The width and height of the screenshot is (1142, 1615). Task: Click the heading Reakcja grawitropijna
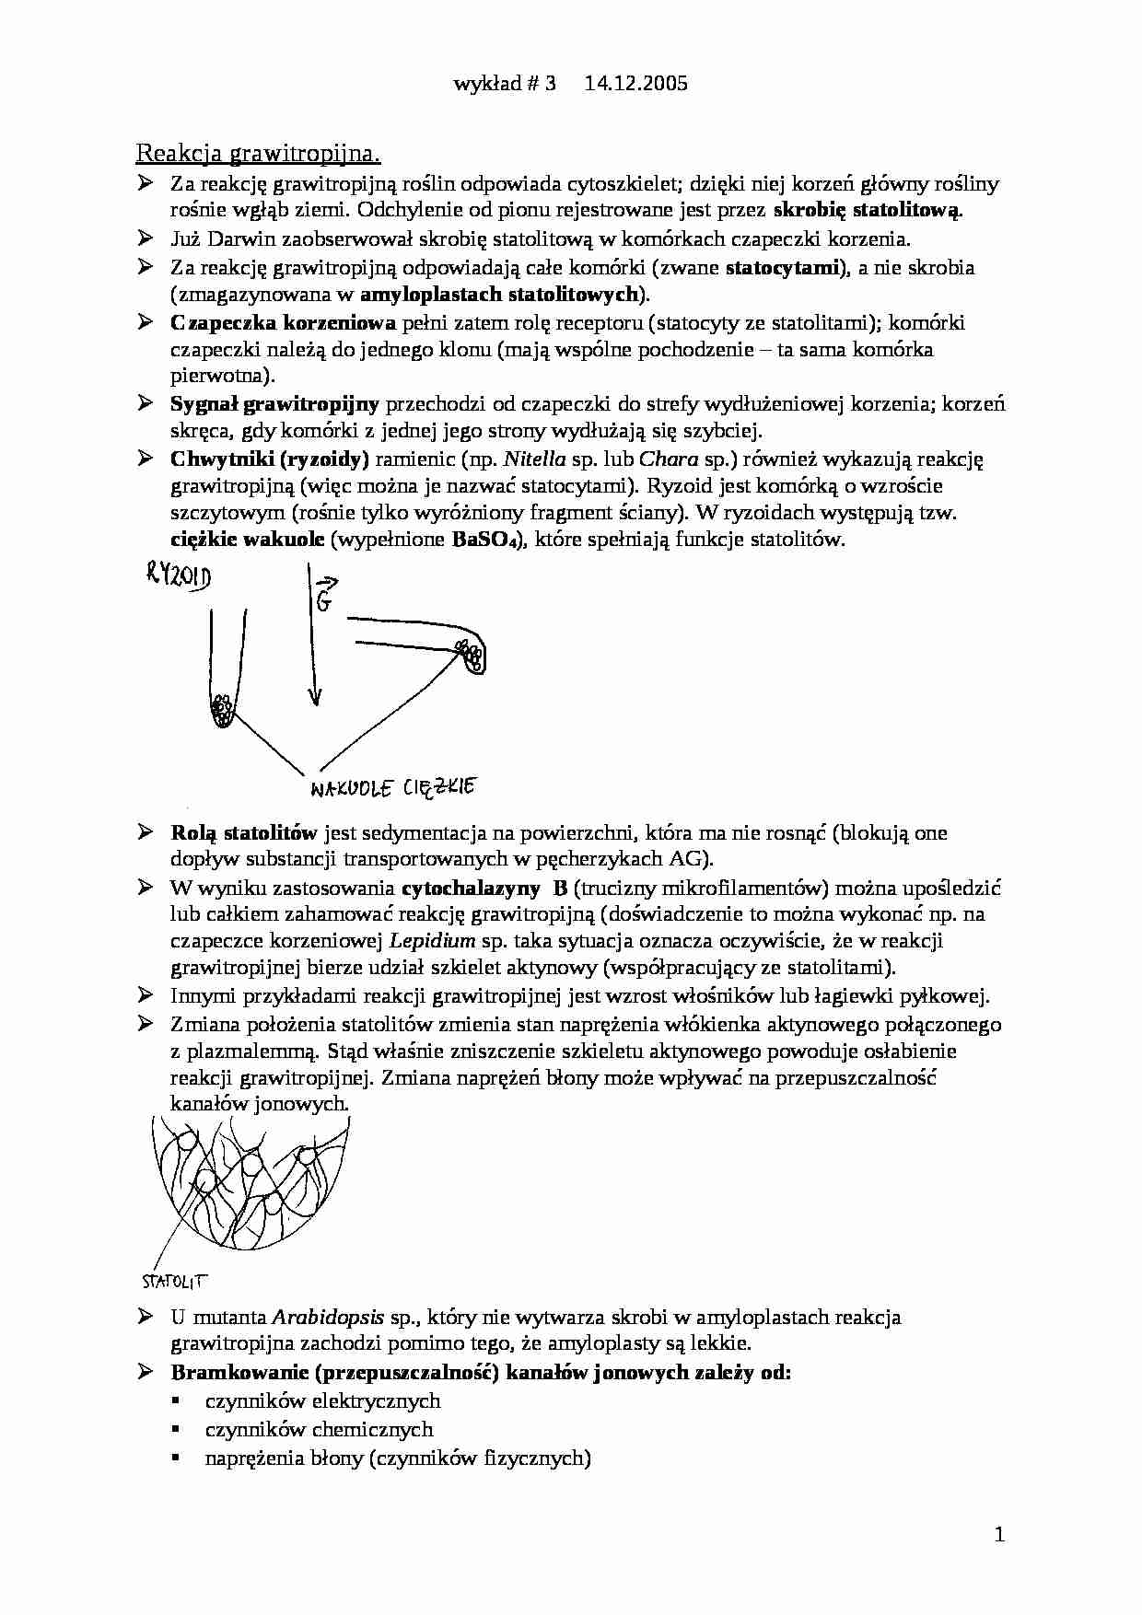click(259, 153)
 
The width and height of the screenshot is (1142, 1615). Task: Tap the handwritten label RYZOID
click(179, 577)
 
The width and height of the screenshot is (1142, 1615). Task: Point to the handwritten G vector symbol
click(325, 594)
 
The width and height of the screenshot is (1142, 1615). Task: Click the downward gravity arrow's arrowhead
click(315, 697)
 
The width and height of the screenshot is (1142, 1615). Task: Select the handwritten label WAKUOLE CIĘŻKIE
click(390, 787)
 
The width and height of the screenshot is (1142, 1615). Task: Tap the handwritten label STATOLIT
click(175, 1281)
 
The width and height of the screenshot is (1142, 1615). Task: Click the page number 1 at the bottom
click(999, 1534)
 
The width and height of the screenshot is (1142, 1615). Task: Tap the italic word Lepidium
click(433, 941)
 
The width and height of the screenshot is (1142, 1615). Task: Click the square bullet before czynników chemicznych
click(174, 1431)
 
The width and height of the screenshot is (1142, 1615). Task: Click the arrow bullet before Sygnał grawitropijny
click(145, 403)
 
